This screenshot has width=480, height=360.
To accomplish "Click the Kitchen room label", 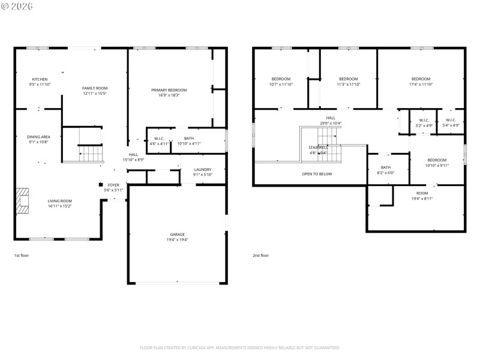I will pyautogui.click(x=40, y=79).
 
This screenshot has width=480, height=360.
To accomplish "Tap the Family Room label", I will pyautogui.click(x=94, y=88).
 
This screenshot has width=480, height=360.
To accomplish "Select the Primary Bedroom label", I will pyautogui.click(x=169, y=89).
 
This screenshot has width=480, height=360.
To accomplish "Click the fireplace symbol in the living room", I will pyautogui.click(x=23, y=201).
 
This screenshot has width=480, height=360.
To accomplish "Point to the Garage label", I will pyautogui.click(x=177, y=234).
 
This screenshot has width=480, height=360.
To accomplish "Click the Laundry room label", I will pyautogui.click(x=203, y=169).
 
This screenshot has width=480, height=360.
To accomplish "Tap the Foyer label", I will pyautogui.click(x=113, y=185).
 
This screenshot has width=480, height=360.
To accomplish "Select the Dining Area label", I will pyautogui.click(x=38, y=137).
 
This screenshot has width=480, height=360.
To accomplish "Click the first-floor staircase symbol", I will pyautogui.click(x=92, y=154).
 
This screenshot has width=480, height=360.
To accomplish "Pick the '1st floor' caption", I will pyautogui.click(x=22, y=256).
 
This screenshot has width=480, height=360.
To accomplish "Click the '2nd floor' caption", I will pyautogui.click(x=260, y=256).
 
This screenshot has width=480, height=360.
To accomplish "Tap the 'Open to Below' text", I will pyautogui.click(x=317, y=174).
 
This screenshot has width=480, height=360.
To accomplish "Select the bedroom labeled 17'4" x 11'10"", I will pyautogui.click(x=421, y=79).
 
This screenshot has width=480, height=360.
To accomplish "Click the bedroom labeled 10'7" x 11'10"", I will pyautogui.click(x=281, y=79).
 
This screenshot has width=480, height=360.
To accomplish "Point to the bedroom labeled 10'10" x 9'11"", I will pyautogui.click(x=437, y=160).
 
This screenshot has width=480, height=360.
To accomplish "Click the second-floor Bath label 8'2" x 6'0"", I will pyautogui.click(x=386, y=167).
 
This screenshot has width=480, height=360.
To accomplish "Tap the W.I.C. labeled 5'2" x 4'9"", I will pyautogui.click(x=424, y=119).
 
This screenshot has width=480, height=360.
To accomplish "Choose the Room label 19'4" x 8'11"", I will pyautogui.click(x=422, y=193).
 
